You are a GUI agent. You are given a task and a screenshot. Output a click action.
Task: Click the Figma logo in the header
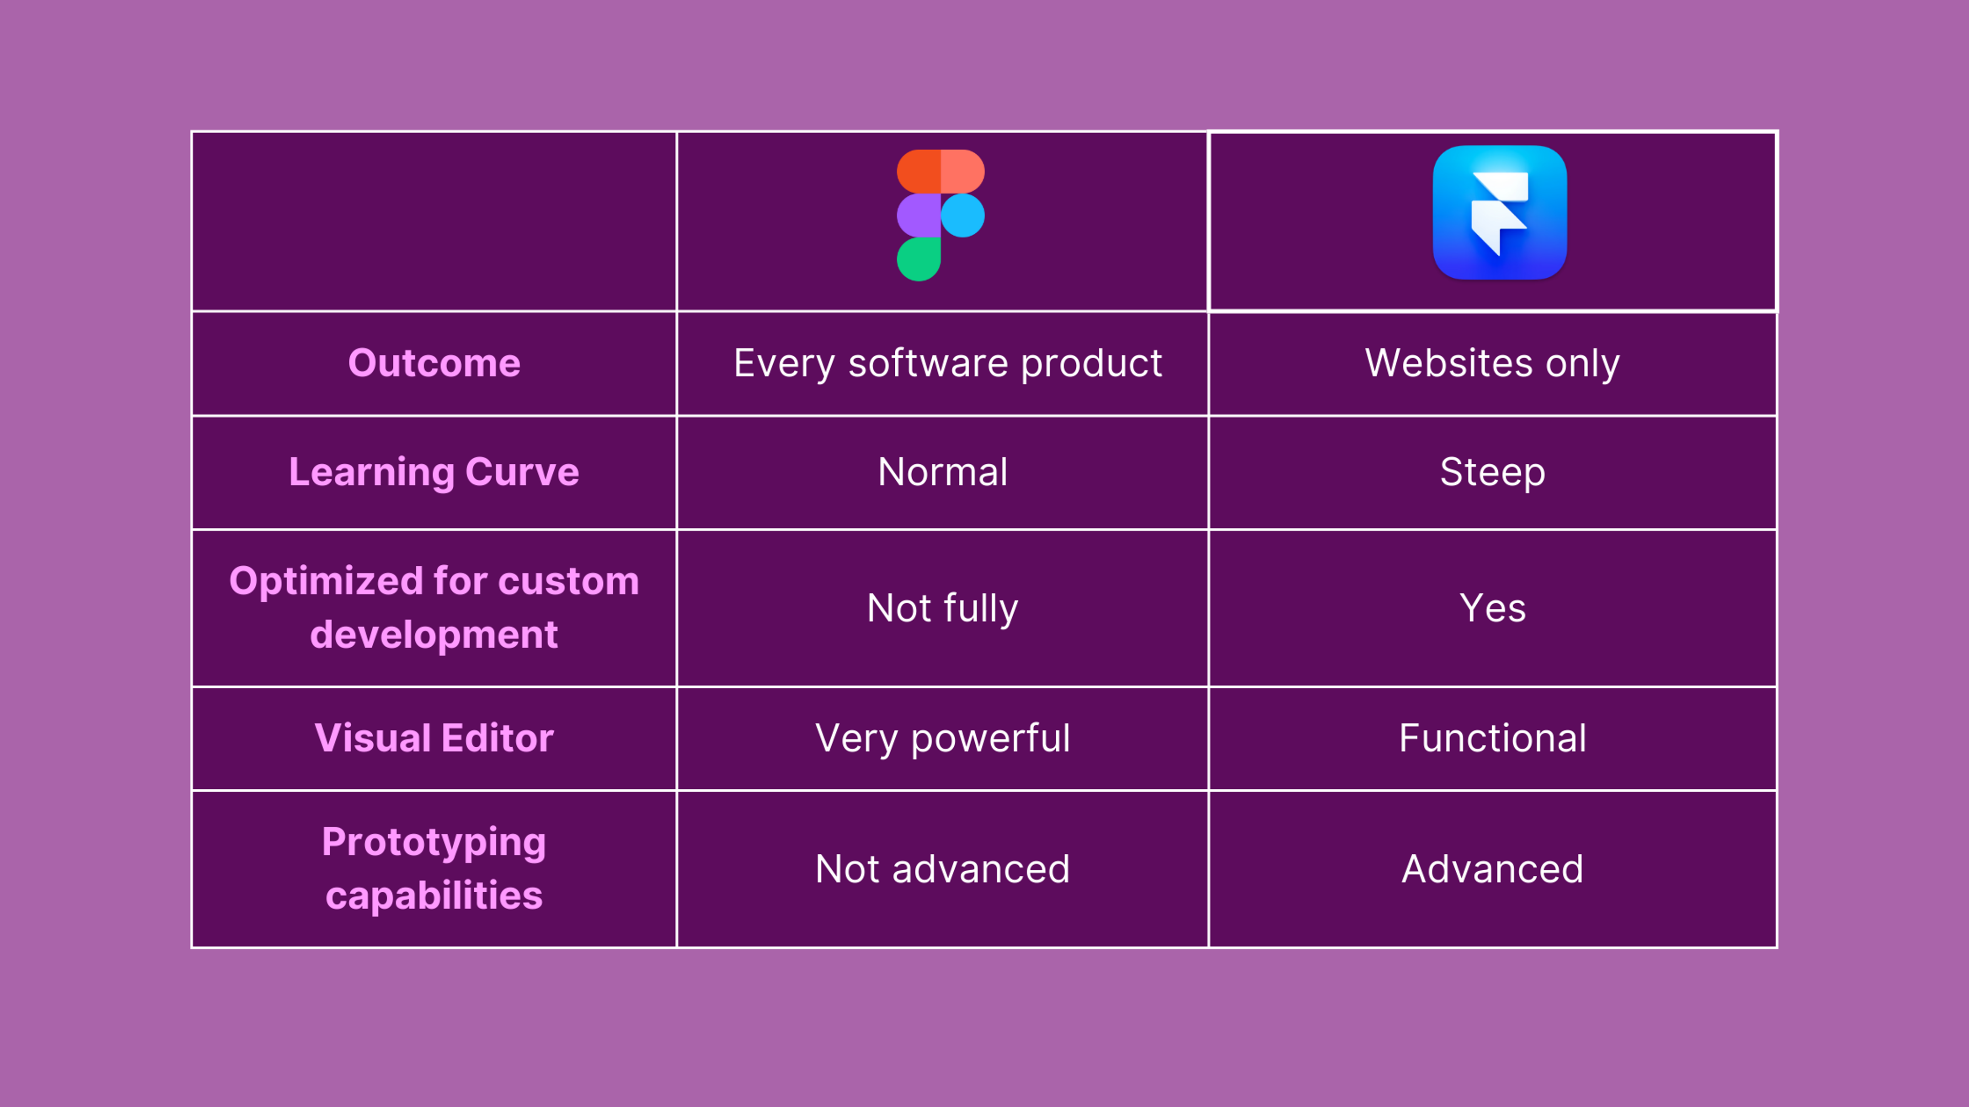pyautogui.click(x=940, y=215)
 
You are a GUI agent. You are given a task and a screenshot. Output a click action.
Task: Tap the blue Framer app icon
pyautogui.click(x=1500, y=212)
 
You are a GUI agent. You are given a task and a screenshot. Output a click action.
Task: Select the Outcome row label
pyautogui.click(x=434, y=363)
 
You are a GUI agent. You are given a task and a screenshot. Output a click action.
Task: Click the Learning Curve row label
pyautogui.click(x=434, y=472)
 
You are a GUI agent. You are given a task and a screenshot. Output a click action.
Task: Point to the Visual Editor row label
pyautogui.click(x=434, y=738)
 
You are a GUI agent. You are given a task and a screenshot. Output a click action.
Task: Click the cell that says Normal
pyautogui.click(x=942, y=472)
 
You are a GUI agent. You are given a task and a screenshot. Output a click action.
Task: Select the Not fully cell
pyautogui.click(x=942, y=609)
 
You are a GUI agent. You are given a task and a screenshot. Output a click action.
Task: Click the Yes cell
pyautogui.click(x=1492, y=608)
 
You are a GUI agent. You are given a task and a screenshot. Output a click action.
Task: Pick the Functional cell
pyautogui.click(x=1492, y=738)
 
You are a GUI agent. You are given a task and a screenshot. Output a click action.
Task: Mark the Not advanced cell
pyautogui.click(x=942, y=869)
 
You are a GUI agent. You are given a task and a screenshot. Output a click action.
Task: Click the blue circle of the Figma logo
pyautogui.click(x=962, y=215)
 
